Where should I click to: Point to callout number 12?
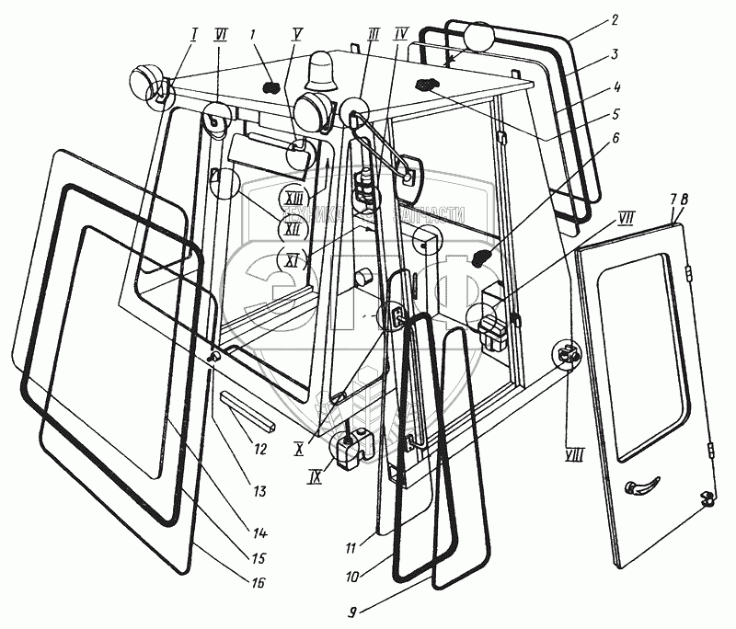tap(260, 450)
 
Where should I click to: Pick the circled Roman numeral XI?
tap(293, 260)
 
